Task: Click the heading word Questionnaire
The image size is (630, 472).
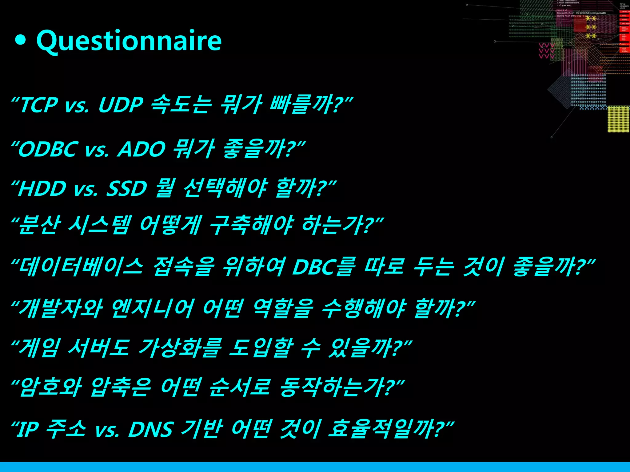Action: [x=129, y=41]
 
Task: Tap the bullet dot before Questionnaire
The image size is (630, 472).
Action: [x=20, y=40]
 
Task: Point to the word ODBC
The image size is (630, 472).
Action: [x=48, y=149]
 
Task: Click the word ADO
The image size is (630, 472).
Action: [x=142, y=149]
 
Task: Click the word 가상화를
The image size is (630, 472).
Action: [x=180, y=348]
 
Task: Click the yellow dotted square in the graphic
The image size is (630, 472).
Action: [x=618, y=119]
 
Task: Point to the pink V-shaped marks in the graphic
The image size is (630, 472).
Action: [x=547, y=51]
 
